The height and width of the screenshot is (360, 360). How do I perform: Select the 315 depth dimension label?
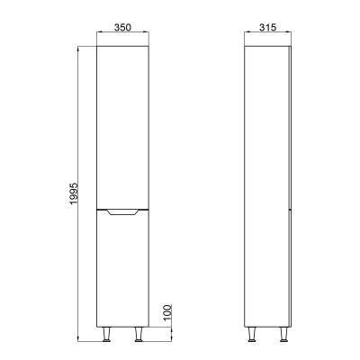[267, 27]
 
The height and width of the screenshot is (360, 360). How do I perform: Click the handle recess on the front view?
[122, 212]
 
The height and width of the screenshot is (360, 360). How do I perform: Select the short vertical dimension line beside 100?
[174, 336]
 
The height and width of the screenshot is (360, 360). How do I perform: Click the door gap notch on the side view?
[288, 209]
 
